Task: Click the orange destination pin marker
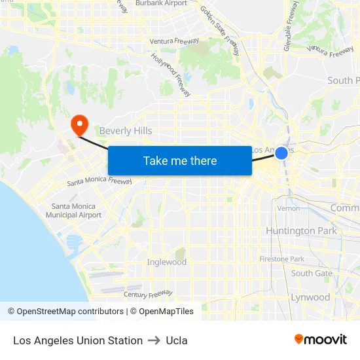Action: (x=80, y=124)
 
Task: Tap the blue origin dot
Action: (x=281, y=153)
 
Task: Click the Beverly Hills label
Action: (x=126, y=131)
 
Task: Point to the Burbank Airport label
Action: (x=161, y=3)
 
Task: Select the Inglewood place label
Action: (x=167, y=262)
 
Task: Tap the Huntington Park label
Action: (x=301, y=231)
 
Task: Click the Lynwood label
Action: (x=310, y=297)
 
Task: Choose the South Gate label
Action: (x=312, y=274)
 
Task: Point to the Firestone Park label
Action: (x=281, y=259)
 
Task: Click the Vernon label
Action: (x=289, y=208)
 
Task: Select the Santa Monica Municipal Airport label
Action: (x=77, y=211)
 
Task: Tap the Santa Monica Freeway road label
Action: (x=99, y=181)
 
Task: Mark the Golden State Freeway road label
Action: (x=221, y=31)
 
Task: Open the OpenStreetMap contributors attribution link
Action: (x=70, y=312)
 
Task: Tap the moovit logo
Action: (x=320, y=339)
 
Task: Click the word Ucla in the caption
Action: (x=177, y=340)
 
